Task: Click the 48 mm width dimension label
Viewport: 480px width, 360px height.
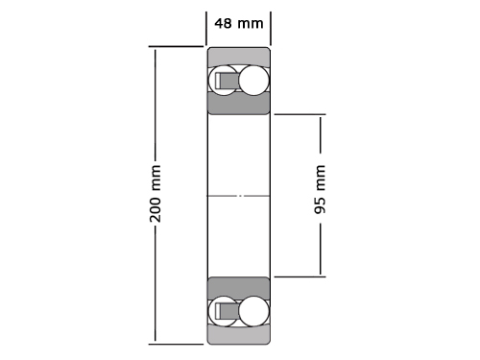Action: (x=239, y=24)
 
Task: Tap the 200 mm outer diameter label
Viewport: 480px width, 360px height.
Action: (x=156, y=194)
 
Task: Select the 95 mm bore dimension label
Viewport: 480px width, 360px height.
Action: (x=320, y=189)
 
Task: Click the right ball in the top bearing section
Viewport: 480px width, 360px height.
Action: (x=253, y=81)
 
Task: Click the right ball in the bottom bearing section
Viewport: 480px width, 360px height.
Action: (x=253, y=311)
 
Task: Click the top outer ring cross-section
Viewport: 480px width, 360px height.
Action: (x=239, y=57)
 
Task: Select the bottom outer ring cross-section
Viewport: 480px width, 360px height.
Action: (x=239, y=335)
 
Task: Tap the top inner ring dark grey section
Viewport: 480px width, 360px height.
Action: (x=239, y=104)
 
